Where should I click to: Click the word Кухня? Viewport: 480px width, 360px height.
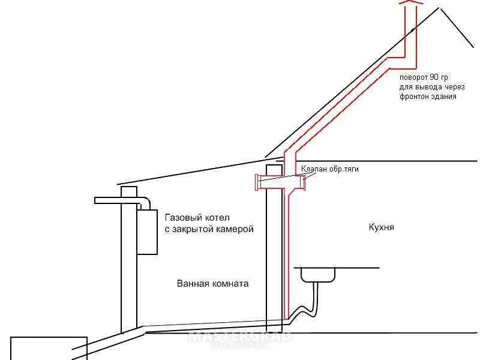coord(382,228)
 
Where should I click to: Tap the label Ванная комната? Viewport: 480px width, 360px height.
coord(212,283)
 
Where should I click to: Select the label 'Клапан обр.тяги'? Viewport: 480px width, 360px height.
coord(329,169)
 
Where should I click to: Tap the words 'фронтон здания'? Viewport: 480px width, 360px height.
coord(428,97)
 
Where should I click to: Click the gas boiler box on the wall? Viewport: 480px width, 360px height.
coord(148,231)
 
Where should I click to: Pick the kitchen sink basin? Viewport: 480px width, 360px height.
coord(318,274)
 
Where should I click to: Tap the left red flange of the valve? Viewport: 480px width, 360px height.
coord(257,182)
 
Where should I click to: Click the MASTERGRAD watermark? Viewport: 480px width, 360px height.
coord(240,337)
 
